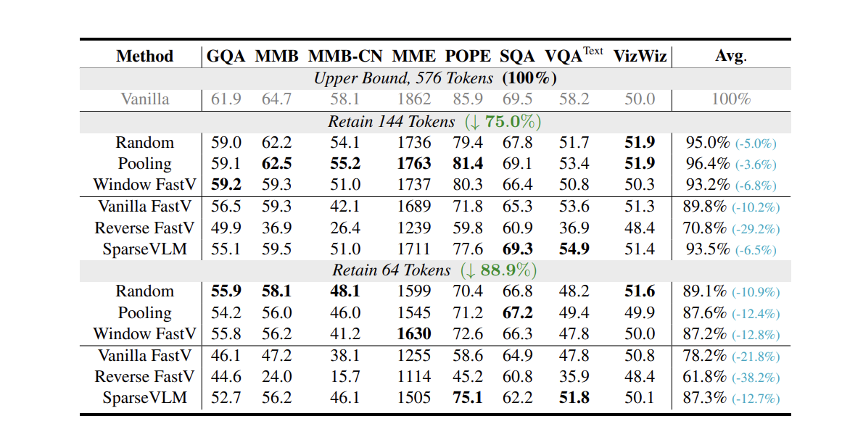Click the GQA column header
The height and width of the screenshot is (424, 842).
(x=226, y=57)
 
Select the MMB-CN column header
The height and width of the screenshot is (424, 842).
(x=346, y=57)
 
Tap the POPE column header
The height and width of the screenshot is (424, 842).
(x=469, y=57)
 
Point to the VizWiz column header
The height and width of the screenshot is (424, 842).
(x=640, y=57)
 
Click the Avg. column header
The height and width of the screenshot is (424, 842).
(x=731, y=57)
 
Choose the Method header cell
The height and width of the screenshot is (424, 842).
(x=145, y=57)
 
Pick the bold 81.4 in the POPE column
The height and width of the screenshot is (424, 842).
(x=468, y=164)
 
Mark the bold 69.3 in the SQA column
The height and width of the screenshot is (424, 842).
(x=517, y=249)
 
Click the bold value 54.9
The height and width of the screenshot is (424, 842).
(x=574, y=249)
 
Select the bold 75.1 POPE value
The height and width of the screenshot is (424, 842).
(x=468, y=398)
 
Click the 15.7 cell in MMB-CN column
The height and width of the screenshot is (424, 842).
(x=345, y=377)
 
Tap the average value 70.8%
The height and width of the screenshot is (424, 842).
(x=704, y=228)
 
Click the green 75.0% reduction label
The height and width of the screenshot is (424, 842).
(x=513, y=121)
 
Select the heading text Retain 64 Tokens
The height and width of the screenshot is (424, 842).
(x=392, y=270)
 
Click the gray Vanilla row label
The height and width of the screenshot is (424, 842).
(x=145, y=99)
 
